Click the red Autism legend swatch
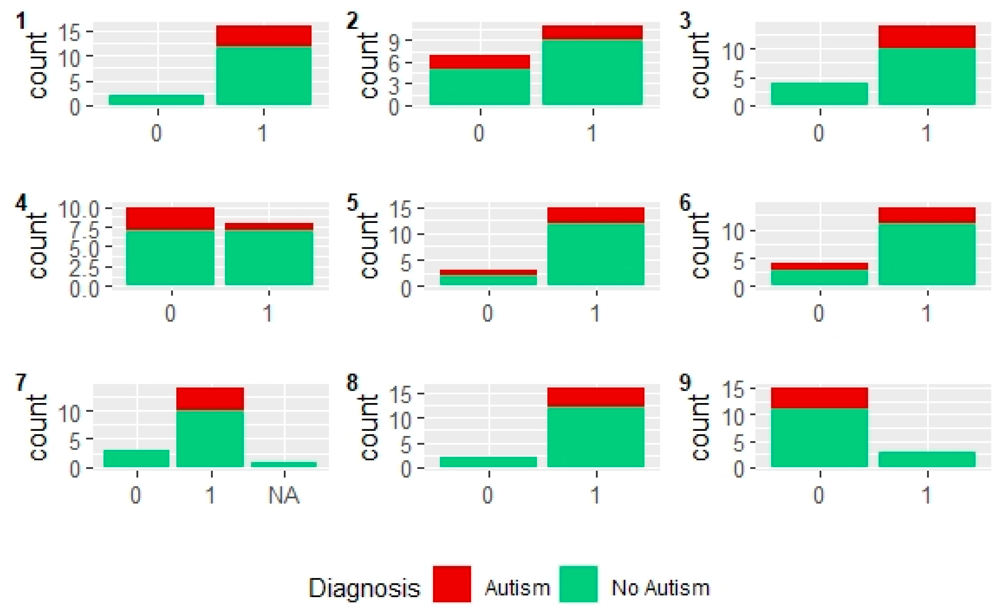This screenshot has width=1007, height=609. (x=452, y=584)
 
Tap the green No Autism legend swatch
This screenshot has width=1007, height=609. (x=578, y=584)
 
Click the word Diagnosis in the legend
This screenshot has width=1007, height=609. (x=364, y=588)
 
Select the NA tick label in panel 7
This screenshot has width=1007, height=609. (x=284, y=495)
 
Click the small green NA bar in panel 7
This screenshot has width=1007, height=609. (x=284, y=464)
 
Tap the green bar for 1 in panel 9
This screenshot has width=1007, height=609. (x=927, y=459)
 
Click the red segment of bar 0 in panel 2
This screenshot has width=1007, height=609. (x=479, y=62)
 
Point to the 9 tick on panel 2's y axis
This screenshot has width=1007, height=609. (x=394, y=41)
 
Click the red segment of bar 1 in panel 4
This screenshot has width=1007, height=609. (x=269, y=226)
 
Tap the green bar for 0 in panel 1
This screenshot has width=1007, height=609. (x=156, y=100)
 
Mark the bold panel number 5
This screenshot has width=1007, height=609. (x=352, y=203)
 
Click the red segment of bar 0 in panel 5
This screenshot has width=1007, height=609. (x=488, y=272)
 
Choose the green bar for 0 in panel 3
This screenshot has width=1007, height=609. (x=819, y=94)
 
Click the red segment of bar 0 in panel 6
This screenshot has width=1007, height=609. (x=819, y=266)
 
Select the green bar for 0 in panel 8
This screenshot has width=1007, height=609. (x=488, y=462)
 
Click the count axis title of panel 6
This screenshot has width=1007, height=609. (x=701, y=246)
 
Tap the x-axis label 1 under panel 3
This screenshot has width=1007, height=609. (x=927, y=133)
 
